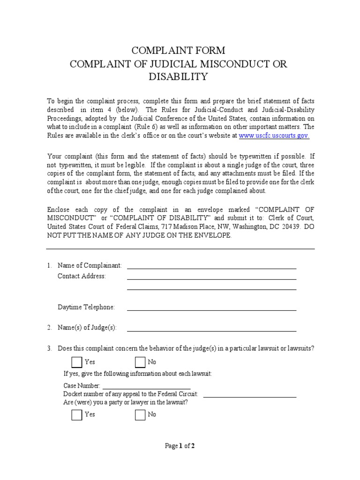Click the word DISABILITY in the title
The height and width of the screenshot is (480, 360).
click(178, 77)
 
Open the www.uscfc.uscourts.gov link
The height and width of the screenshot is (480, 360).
click(274, 135)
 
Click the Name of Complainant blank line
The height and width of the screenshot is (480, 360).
click(211, 268)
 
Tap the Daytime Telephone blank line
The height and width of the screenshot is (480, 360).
click(211, 310)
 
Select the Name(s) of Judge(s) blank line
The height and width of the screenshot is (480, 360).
click(211, 330)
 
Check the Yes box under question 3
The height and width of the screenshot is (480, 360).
click(76, 362)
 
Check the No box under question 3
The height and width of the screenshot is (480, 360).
click(140, 362)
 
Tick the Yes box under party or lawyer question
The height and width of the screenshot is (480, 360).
click(76, 415)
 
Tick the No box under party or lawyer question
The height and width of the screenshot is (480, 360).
click(140, 415)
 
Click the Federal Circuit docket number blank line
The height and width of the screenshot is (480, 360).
click(249, 397)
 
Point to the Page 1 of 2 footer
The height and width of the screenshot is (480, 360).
click(180, 446)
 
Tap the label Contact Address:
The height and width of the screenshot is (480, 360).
click(82, 276)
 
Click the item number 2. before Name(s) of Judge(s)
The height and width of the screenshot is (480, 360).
click(49, 328)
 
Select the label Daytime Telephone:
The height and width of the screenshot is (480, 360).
click(86, 307)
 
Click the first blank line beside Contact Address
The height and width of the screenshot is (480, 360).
click(211, 279)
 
